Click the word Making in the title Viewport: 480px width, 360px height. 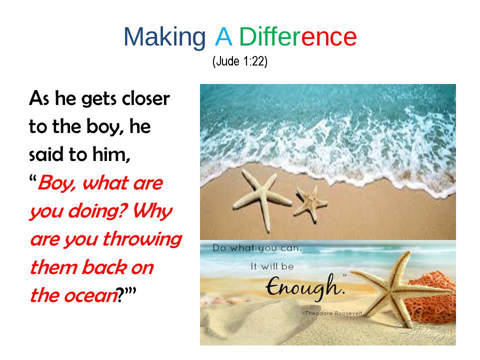point(164,37)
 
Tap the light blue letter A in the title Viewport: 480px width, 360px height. point(223,36)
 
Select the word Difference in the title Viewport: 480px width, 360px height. point(298,36)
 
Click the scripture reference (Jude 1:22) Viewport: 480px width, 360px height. point(240,61)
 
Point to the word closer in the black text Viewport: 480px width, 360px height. point(145,98)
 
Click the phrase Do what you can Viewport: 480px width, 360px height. point(257,248)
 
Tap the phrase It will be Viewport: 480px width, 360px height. point(272,266)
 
